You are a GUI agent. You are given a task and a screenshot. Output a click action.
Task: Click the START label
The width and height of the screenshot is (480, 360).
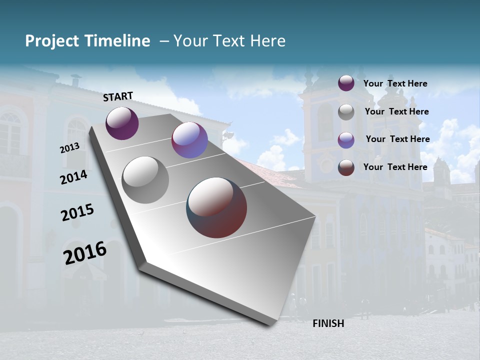[118, 96]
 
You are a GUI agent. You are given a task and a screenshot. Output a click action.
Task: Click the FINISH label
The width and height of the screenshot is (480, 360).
[328, 323]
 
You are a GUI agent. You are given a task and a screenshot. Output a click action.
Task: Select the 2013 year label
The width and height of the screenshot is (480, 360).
[69, 148]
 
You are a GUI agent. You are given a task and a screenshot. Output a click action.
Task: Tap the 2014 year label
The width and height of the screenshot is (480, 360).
[73, 177]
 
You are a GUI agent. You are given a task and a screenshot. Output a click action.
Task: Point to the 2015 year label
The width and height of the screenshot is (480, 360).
[77, 212]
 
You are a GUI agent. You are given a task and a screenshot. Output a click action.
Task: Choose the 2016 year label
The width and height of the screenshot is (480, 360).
[85, 252]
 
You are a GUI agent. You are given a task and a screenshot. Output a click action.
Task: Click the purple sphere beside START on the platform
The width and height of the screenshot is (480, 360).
[122, 123]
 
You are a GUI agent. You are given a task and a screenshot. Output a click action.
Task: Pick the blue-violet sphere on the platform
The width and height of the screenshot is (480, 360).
[189, 140]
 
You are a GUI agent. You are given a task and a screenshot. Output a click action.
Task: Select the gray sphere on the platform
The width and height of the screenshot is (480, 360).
[145, 180]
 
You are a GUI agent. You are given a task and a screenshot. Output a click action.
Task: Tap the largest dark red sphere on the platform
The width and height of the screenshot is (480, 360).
[216, 207]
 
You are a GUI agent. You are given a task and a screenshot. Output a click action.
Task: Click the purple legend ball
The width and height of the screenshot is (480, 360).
[346, 83]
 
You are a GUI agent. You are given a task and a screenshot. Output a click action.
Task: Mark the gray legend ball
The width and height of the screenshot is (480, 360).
[346, 112]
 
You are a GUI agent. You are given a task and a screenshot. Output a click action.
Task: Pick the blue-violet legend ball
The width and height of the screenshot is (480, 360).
[346, 140]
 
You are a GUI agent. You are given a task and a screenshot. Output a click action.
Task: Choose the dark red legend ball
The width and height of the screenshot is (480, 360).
[346, 167]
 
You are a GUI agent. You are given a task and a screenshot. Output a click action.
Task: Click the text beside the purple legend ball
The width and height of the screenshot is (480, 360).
[395, 83]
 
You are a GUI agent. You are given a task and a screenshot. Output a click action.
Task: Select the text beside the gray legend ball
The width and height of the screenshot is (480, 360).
[396, 111]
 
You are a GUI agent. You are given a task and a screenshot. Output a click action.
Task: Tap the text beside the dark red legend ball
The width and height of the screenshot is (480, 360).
[395, 167]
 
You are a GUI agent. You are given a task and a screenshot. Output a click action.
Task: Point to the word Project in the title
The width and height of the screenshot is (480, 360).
[52, 41]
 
